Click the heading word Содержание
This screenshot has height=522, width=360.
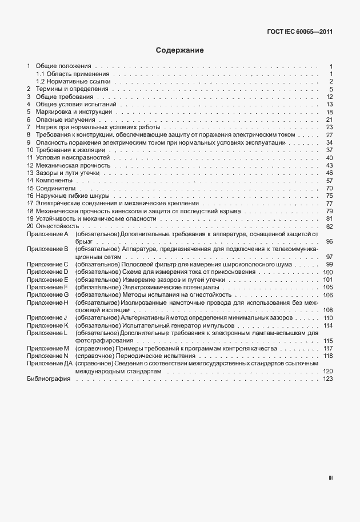click(180, 51)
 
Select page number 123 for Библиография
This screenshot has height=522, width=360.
click(327, 379)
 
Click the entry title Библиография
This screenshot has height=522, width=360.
click(49, 379)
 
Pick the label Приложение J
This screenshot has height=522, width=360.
click(47, 317)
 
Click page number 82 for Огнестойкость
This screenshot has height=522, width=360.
click(329, 226)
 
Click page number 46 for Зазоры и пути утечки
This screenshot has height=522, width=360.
click(329, 173)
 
